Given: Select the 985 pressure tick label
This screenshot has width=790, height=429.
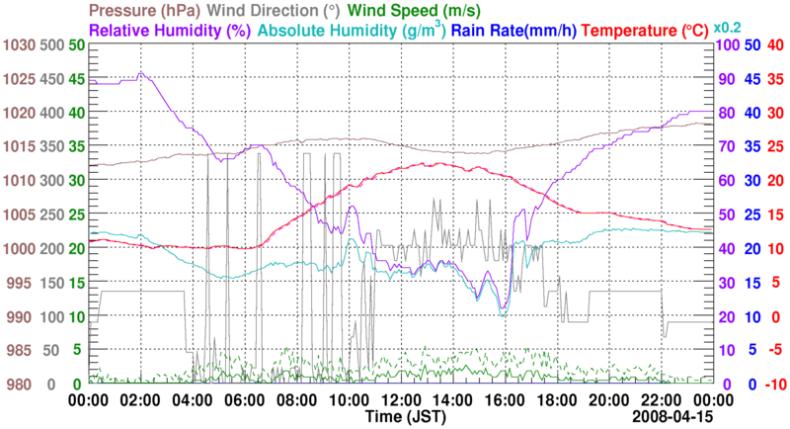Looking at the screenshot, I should point(21,350).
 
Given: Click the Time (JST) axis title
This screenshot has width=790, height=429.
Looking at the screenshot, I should point(400,417).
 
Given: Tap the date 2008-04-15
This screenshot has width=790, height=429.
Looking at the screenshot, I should point(672,417).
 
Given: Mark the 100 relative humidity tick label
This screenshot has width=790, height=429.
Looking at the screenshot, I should point(729,45).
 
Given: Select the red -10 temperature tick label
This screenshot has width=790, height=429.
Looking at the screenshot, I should point(774,384).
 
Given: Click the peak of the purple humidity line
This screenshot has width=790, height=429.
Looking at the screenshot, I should point(141,72).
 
